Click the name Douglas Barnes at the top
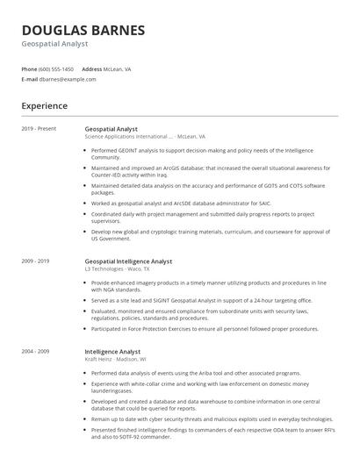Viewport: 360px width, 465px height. tap(83, 30)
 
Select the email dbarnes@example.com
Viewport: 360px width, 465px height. tap(68, 79)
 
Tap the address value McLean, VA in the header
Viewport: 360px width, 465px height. tap(119, 68)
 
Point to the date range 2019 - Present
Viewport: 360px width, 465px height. tap(39, 129)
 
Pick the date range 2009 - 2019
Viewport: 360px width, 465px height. tap(35, 261)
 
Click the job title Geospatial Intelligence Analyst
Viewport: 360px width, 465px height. tap(128, 261)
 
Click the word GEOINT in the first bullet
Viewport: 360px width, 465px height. tap(128, 150)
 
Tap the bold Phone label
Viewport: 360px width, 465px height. tap(29, 68)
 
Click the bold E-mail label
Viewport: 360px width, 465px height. tap(29, 79)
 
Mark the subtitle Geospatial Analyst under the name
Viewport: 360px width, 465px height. tap(55, 43)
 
